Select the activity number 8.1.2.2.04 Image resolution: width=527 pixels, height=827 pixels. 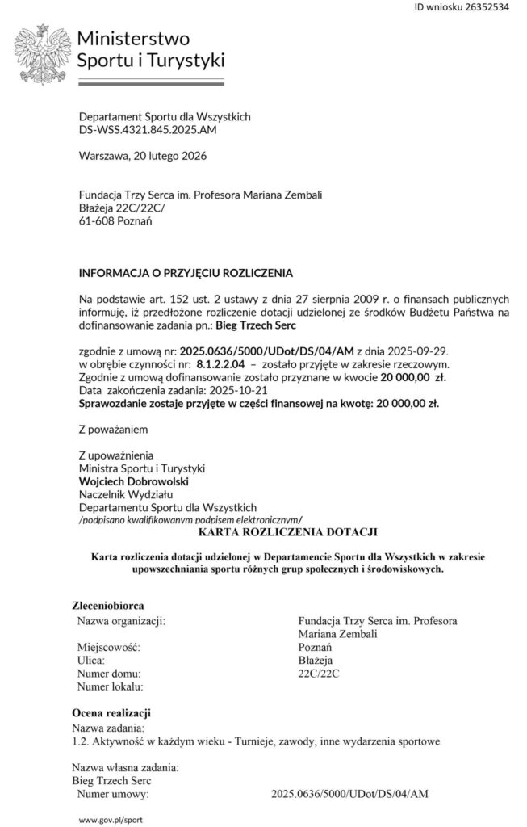220,364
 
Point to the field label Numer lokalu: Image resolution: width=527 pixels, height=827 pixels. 110,686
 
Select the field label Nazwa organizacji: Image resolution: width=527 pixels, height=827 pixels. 121,620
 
